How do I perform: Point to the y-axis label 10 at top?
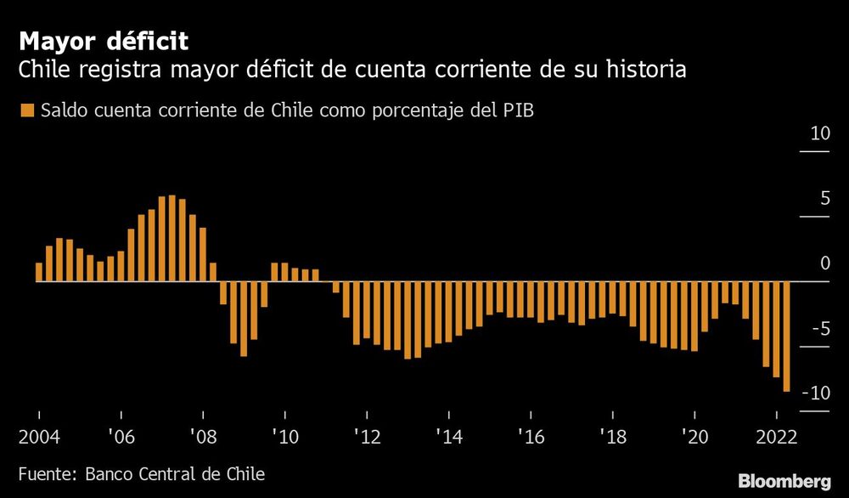point(819,134)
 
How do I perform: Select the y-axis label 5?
point(824,200)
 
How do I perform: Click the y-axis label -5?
point(819,330)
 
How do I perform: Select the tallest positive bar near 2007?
point(171,238)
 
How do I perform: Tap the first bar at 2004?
point(39,272)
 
